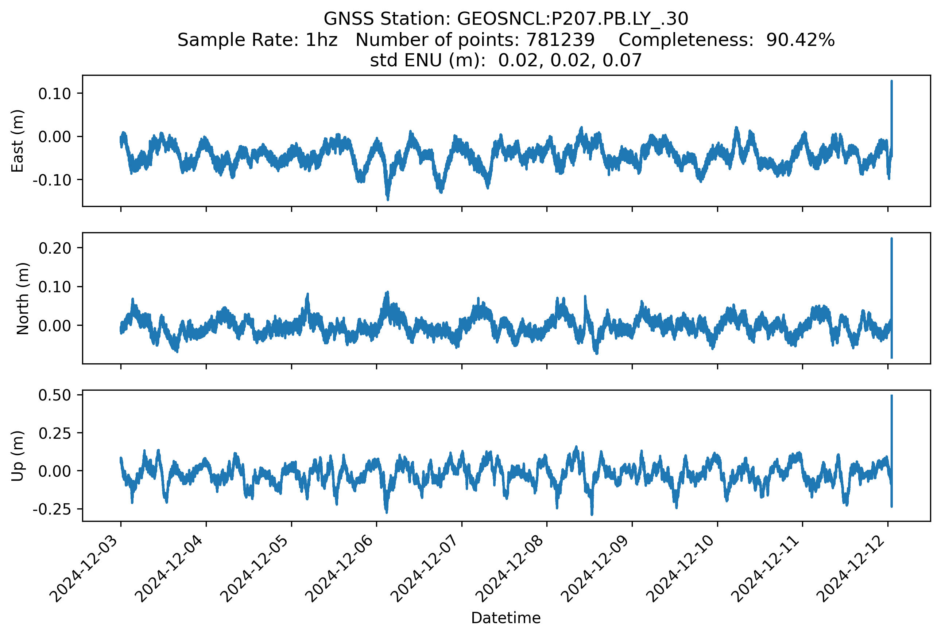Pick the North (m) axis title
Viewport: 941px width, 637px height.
click(23, 298)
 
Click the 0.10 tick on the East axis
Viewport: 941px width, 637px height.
click(55, 93)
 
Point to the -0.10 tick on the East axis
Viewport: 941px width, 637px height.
click(52, 180)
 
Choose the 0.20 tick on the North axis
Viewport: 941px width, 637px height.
click(55, 248)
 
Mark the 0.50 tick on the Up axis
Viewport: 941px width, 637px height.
click(55, 395)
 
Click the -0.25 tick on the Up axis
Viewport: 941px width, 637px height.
click(52, 509)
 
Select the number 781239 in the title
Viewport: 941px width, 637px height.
click(560, 40)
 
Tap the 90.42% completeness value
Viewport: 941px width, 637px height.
click(800, 40)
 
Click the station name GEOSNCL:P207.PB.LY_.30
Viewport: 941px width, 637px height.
click(573, 19)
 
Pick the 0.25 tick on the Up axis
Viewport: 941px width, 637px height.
click(55, 433)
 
